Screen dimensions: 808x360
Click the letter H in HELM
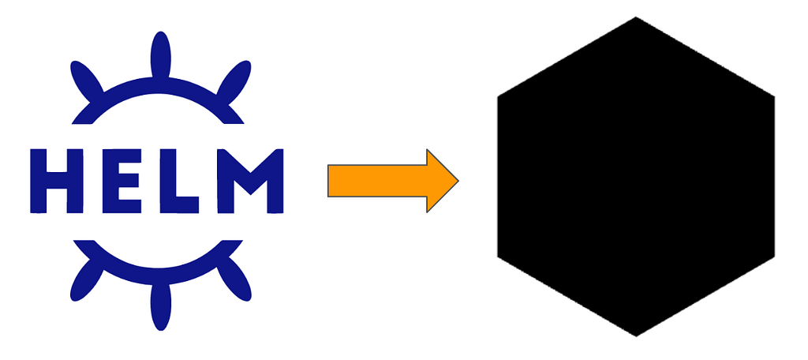[x=57, y=181]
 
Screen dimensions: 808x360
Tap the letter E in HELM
[x=122, y=181]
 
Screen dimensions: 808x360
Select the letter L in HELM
[x=178, y=181]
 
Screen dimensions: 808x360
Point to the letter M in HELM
[x=250, y=181]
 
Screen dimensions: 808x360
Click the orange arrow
[x=393, y=181]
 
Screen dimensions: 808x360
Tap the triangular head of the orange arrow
[x=440, y=181]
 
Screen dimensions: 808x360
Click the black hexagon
[x=636, y=177]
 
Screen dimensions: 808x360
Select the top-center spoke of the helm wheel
[x=160, y=55]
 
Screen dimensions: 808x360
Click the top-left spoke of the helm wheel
[x=86, y=81]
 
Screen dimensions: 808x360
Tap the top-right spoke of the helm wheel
[x=234, y=81]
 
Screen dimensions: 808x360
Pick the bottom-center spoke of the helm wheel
[x=160, y=306]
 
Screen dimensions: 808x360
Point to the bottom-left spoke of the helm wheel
[x=86, y=280]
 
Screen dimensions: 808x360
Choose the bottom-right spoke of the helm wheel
[x=234, y=280]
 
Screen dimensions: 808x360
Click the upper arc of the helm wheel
[x=158, y=85]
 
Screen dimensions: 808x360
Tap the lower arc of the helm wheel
[x=158, y=276]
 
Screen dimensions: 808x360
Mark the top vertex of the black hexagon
[x=636, y=17]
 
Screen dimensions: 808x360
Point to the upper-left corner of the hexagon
[x=498, y=96]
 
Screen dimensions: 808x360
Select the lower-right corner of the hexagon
[x=774, y=257]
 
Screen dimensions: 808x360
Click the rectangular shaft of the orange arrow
[x=377, y=181]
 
